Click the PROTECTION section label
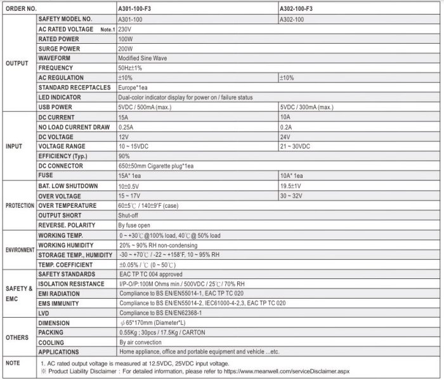pyautogui.click(x=20, y=206)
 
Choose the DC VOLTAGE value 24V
pyautogui.click(x=286, y=137)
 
